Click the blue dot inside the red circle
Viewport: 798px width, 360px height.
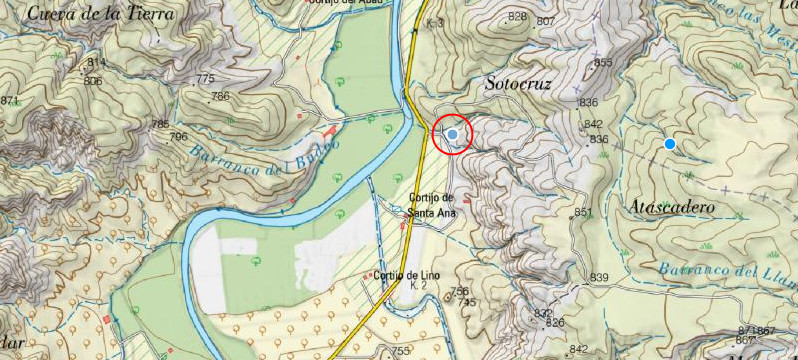point(454,134)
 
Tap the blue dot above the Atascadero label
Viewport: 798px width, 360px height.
point(670,144)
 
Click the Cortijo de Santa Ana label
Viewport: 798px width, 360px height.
point(431,204)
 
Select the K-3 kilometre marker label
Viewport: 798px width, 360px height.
point(434,21)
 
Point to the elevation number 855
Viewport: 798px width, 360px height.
point(603,63)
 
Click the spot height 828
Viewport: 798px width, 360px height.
point(517,17)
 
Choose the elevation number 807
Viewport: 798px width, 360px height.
point(546,21)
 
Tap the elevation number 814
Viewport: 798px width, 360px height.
point(95,62)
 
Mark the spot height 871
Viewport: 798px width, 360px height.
point(9,101)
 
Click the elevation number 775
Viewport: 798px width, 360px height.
point(206,79)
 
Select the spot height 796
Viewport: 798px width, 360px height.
point(179,136)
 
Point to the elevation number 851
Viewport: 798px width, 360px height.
point(584,212)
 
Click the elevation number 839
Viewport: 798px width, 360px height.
point(599,277)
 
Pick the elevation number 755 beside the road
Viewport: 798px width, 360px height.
point(401,351)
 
